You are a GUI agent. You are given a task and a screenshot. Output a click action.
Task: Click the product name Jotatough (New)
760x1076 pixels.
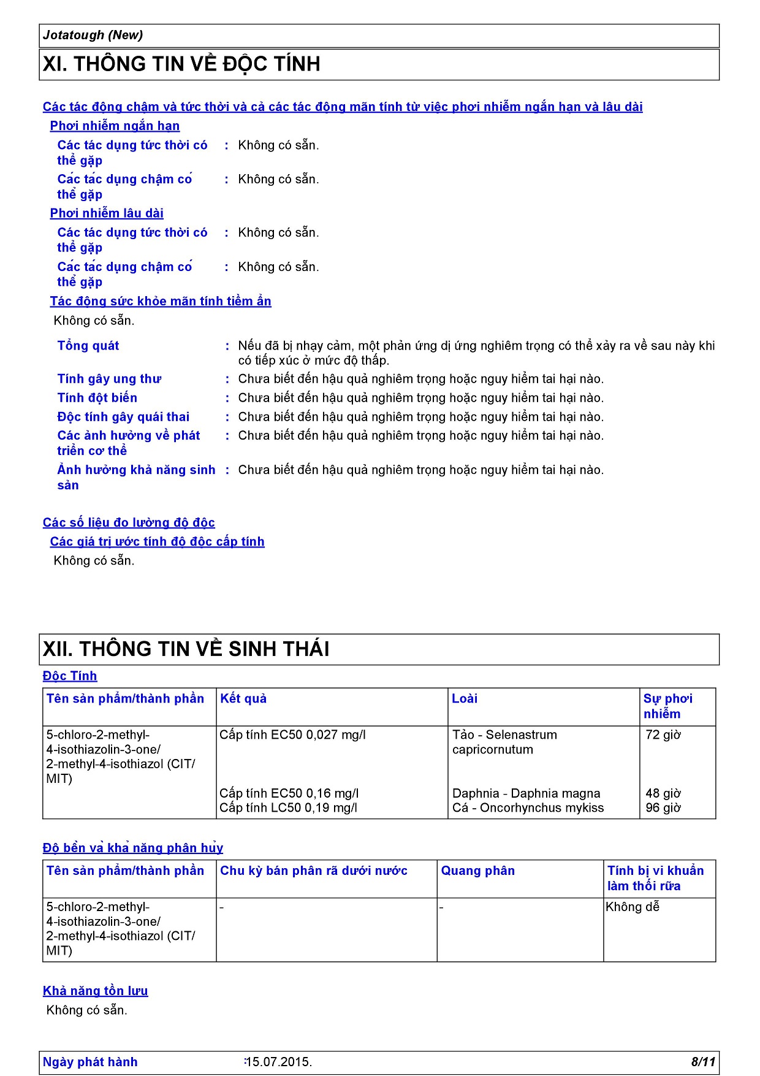(x=93, y=35)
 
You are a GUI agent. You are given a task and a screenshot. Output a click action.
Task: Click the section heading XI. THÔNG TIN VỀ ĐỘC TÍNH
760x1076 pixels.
(x=181, y=64)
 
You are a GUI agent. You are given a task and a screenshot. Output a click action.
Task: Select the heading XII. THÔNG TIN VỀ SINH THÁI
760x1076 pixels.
(x=186, y=649)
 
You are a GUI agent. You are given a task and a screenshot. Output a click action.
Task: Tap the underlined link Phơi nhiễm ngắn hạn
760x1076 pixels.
(x=115, y=126)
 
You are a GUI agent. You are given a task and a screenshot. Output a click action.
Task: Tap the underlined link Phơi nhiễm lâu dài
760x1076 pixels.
(x=107, y=213)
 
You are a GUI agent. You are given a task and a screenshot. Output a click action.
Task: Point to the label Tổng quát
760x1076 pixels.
(x=88, y=346)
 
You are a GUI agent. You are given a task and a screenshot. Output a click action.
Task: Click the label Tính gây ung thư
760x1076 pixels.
(x=109, y=379)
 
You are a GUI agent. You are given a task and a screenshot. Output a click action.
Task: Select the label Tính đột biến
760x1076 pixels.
(x=97, y=398)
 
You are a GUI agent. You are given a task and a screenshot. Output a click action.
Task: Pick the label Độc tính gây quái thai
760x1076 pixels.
(x=123, y=417)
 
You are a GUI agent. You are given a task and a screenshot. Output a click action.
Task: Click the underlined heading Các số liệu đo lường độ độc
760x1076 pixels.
(x=129, y=522)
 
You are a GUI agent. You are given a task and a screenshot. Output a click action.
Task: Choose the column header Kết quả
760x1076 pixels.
(x=243, y=698)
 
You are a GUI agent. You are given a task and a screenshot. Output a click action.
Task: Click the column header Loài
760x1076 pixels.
(x=465, y=698)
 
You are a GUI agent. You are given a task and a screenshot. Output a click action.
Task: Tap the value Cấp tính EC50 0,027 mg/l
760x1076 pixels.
(x=292, y=735)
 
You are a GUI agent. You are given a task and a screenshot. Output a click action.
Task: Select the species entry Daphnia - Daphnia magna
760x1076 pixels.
(x=526, y=793)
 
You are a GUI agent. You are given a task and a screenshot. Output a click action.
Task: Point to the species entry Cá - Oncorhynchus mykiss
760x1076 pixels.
(x=528, y=808)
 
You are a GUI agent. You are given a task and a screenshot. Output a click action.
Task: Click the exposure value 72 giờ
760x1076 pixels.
(x=663, y=735)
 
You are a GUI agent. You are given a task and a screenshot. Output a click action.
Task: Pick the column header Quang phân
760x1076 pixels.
(x=478, y=871)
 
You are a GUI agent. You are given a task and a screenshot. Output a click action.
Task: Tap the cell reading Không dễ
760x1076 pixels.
(x=633, y=907)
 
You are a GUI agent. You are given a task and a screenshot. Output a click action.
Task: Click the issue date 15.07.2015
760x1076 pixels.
(x=279, y=1062)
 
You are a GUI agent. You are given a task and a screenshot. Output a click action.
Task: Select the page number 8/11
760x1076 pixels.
(x=703, y=1062)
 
